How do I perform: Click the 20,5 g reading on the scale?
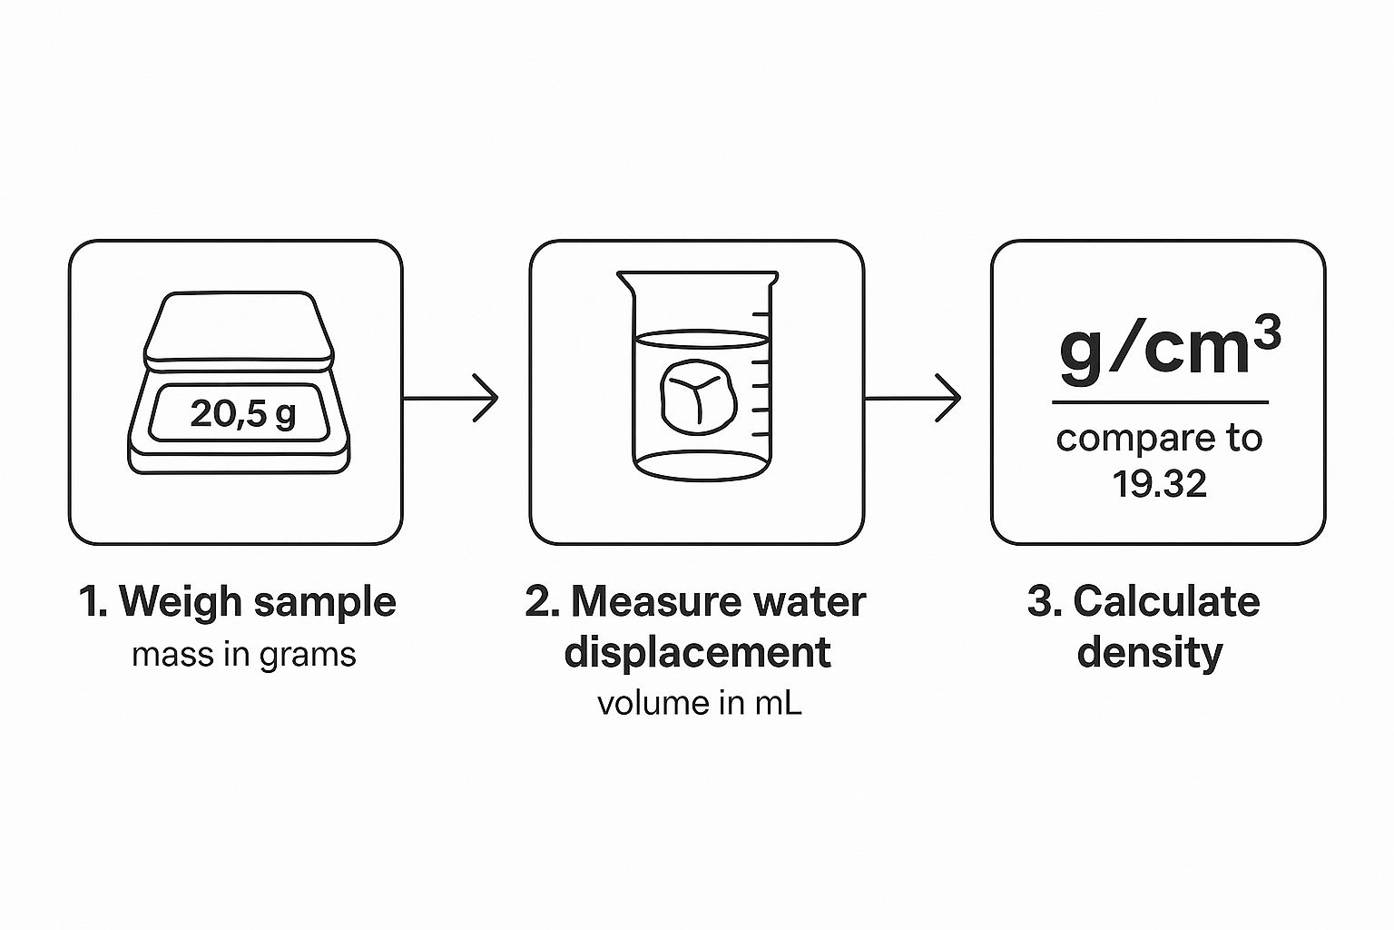tap(242, 414)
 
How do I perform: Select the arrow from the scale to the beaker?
tap(450, 398)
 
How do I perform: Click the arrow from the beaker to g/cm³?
tap(912, 398)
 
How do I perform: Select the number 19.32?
tap(1159, 484)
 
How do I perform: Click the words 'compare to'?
tap(1159, 439)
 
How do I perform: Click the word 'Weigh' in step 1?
tap(182, 602)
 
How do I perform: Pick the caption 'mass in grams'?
tap(243, 655)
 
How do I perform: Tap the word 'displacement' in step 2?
tap(697, 653)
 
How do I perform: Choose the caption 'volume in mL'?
tap(699, 704)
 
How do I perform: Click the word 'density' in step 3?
tap(1149, 653)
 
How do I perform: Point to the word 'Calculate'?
tap(1166, 602)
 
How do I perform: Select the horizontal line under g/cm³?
tap(1160, 402)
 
